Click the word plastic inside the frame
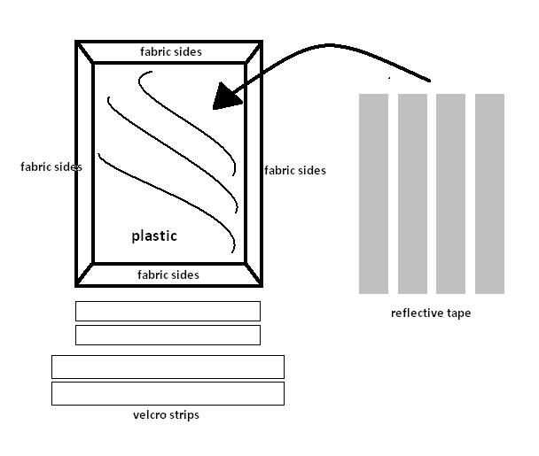[x=154, y=236]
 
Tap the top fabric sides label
[x=170, y=52]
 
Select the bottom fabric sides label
[x=168, y=275]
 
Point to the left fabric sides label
[x=51, y=166]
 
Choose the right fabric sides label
[x=295, y=170]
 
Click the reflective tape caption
[x=431, y=313]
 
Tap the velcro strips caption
[x=166, y=414]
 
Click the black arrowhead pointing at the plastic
[x=227, y=96]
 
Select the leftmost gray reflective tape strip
[x=373, y=193]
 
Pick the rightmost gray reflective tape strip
[x=489, y=193]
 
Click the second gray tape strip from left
[x=412, y=193]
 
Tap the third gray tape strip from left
[x=450, y=193]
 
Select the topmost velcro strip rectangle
[x=168, y=311]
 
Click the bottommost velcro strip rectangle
[x=168, y=393]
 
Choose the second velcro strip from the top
[x=168, y=335]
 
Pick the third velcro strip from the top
[x=168, y=367]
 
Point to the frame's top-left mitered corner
[x=85, y=52]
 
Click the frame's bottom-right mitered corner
[x=253, y=274]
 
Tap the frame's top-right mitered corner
[x=253, y=52]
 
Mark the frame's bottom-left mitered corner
[x=85, y=274]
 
